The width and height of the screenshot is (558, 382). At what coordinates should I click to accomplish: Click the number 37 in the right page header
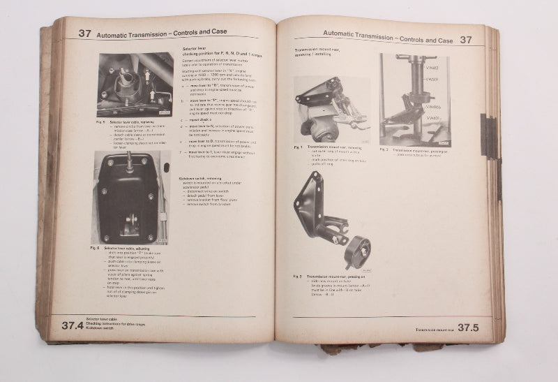pyautogui.click(x=466, y=40)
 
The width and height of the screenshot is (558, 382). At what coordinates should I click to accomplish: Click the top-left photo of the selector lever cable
pyautogui.click(x=135, y=85)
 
